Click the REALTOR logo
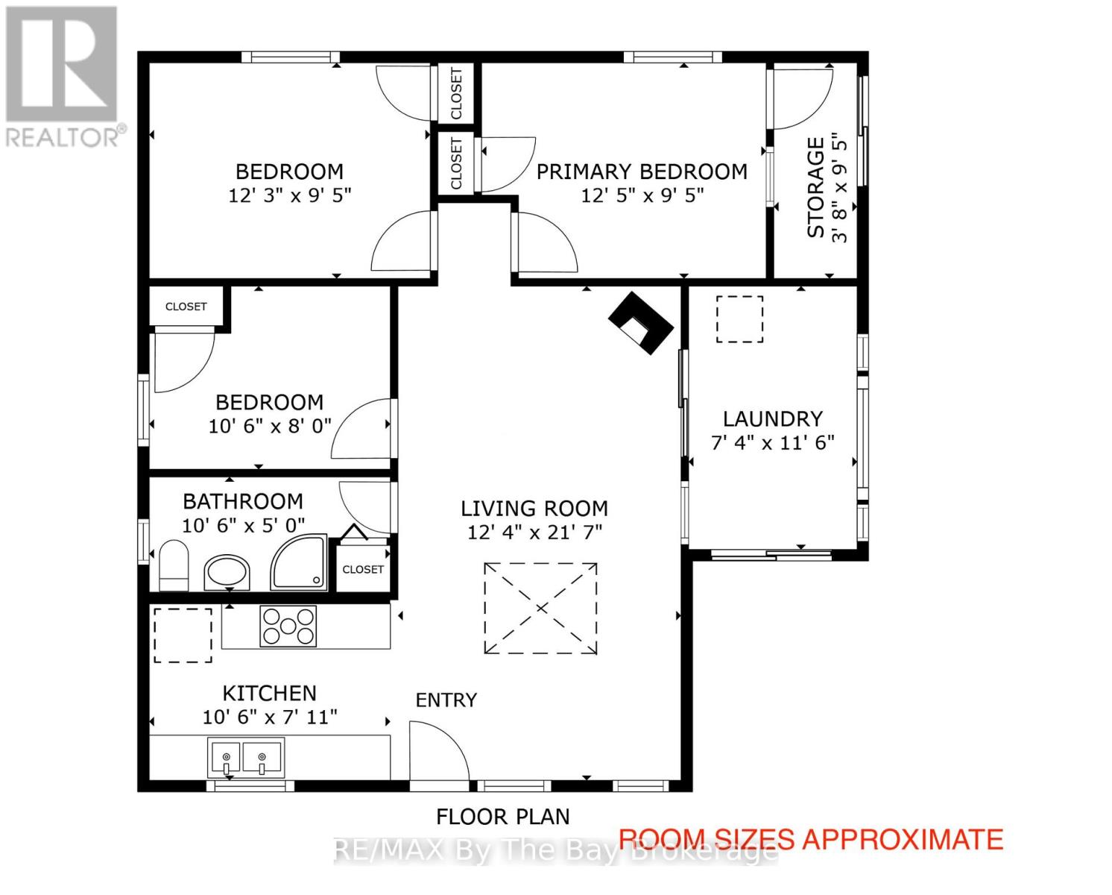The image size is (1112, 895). click(63, 75)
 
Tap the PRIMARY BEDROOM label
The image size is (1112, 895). click(641, 172)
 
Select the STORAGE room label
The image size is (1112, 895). click(816, 188)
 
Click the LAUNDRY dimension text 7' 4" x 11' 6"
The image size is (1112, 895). click(772, 442)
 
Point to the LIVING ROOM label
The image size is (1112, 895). click(534, 508)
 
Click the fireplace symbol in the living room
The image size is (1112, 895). click(641, 321)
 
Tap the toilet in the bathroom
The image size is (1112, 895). click(174, 566)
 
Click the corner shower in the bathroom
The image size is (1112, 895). click(299, 562)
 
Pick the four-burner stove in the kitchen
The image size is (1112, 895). click(288, 626)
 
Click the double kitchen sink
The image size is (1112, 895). click(246, 758)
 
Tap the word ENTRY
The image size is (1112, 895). click(446, 700)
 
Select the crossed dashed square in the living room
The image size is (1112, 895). click(540, 609)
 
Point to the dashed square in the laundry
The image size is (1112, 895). click(739, 319)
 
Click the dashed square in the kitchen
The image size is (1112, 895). click(183, 635)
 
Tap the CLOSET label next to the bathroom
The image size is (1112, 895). click(363, 569)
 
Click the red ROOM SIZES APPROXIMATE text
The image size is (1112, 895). click(811, 839)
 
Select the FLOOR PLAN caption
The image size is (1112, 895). click(502, 817)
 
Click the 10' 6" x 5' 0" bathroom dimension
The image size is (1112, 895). click(243, 526)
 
